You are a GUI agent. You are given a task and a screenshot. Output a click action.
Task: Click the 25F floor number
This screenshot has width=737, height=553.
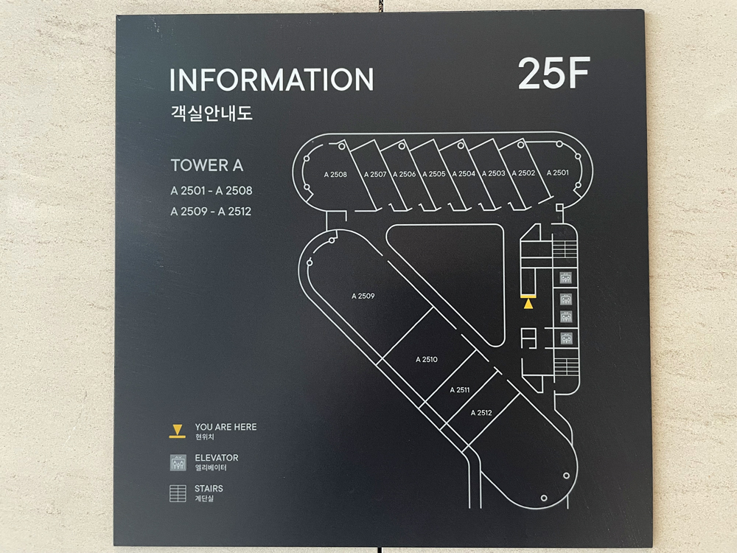tap(553, 73)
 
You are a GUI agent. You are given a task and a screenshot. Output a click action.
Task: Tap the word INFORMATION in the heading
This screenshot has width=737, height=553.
tap(271, 80)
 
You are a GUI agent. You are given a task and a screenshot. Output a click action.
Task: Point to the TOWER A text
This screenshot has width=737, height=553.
tap(206, 166)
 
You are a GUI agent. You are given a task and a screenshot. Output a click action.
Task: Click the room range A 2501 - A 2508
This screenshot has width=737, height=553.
tap(212, 191)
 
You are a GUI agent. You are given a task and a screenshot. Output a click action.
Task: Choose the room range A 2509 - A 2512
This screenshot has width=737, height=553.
tap(212, 212)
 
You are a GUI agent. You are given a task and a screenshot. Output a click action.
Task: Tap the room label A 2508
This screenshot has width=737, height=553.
tap(335, 175)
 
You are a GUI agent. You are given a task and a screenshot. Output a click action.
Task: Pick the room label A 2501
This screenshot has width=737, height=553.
tap(558, 173)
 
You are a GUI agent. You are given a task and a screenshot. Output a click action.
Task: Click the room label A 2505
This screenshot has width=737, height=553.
tap(434, 174)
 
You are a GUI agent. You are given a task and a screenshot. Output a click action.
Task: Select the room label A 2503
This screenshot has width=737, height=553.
tap(493, 173)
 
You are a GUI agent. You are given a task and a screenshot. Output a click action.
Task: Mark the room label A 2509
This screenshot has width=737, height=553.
tap(363, 296)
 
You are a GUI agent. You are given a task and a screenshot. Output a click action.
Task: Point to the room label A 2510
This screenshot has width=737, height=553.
tap(426, 360)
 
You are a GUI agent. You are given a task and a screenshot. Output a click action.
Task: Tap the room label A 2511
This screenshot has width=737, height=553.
tap(459, 390)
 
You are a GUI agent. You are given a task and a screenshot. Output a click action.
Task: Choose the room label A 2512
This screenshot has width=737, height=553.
tap(481, 413)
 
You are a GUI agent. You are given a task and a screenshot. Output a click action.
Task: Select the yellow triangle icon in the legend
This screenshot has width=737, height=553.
tap(177, 430)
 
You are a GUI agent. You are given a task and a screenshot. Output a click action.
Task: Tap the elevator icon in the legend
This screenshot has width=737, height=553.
tap(178, 462)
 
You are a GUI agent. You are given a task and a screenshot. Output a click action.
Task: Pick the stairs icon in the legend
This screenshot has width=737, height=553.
tap(178, 493)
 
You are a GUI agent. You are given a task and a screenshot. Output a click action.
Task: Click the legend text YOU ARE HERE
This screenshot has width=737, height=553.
tap(226, 427)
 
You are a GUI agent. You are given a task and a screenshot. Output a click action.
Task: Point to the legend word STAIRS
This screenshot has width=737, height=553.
tap(209, 488)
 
